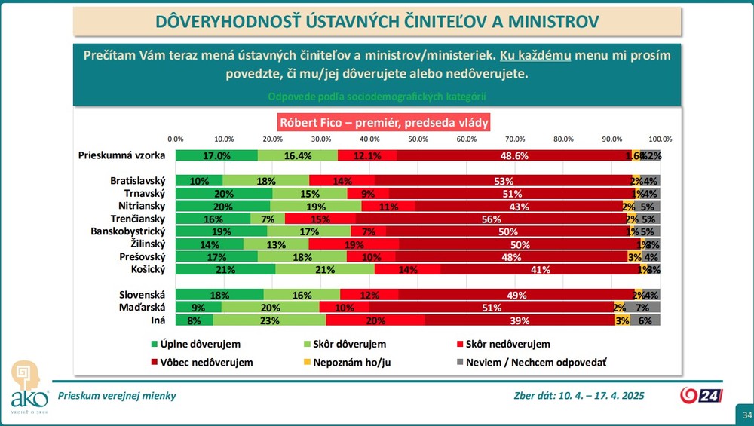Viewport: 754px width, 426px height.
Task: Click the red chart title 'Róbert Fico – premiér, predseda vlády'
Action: [385, 121]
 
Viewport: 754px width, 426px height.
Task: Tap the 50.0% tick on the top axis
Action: [418, 139]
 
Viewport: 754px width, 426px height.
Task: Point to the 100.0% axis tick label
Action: [661, 139]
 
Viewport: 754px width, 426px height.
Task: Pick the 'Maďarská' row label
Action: [143, 307]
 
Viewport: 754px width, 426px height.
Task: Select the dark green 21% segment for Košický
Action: [225, 269]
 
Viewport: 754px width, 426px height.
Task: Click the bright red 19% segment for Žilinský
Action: [354, 244]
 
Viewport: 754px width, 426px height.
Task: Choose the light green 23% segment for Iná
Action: [252, 320]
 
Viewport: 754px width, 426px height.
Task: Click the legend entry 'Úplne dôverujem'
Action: [190, 345]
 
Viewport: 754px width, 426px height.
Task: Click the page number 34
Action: [746, 415]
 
